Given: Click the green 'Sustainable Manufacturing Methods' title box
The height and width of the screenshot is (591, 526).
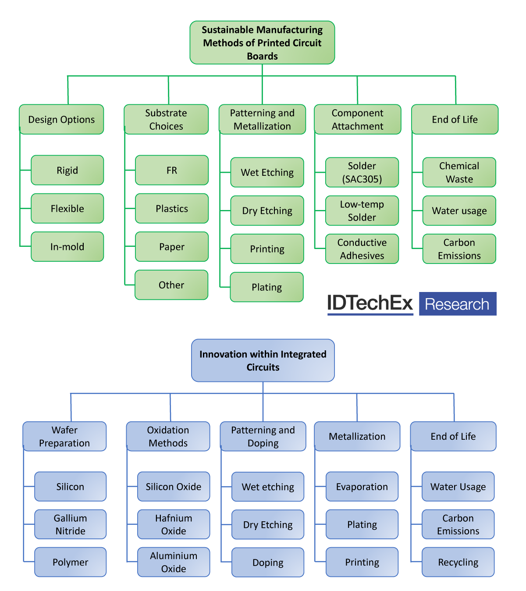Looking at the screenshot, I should coord(262,43).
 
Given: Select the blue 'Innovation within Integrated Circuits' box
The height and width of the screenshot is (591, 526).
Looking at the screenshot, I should coord(263,360).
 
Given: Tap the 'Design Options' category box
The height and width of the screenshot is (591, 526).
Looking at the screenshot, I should coord(61,119).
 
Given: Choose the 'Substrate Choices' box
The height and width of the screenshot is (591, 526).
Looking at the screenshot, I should coord(166,119).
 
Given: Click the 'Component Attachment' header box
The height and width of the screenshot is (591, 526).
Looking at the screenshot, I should coord(357,119).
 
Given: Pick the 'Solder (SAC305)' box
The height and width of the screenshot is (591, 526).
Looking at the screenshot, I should coord(362,172).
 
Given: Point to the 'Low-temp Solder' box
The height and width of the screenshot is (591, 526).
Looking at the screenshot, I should coord(362,210).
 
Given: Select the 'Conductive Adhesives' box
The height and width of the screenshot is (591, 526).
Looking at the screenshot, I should coord(362,249).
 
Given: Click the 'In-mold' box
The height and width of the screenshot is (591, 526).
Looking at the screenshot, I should coord(67,246).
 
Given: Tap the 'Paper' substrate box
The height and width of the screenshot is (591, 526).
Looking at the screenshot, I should coord(171,246).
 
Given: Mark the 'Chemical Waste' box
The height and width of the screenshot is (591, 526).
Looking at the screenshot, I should coord(459,172).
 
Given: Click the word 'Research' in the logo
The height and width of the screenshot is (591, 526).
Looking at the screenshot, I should coord(457,304).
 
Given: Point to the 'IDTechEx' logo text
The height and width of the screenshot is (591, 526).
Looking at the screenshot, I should coord(370,303).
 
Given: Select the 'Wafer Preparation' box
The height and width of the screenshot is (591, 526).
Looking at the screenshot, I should coord(64,436).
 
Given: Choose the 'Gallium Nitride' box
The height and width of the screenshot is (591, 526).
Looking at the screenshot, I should coord(70,524).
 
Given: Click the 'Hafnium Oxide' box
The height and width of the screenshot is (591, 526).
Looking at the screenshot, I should coord(174,524).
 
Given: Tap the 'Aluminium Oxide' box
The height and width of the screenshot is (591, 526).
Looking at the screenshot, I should coord(174,562).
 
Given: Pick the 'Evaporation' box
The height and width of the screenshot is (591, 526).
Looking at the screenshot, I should coord(362,487).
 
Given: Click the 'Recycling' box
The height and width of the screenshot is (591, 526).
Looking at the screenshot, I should coord(458,562).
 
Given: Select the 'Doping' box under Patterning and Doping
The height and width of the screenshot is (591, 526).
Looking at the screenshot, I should coord(268,563).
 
